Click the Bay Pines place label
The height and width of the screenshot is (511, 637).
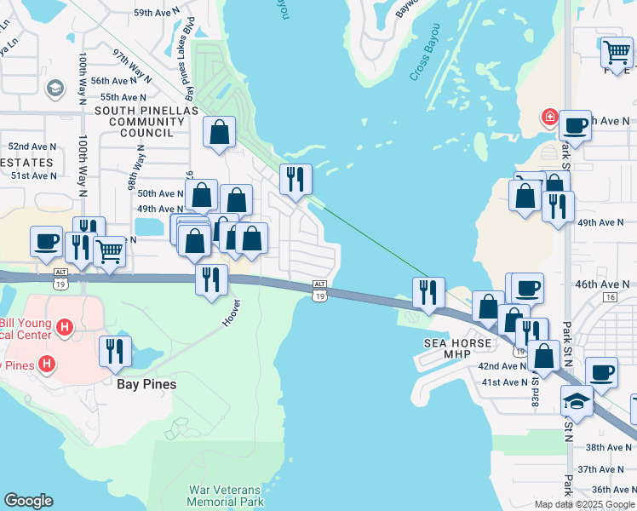click(x=146, y=384)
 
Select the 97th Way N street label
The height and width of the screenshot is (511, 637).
click(x=131, y=65)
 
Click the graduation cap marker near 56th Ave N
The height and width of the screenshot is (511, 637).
click(x=55, y=89)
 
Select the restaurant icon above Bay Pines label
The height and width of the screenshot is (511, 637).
click(x=115, y=350)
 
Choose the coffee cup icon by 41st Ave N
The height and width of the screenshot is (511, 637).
click(x=602, y=372)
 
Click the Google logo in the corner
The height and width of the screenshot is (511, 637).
click(x=28, y=501)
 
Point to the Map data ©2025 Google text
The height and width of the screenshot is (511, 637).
click(x=584, y=504)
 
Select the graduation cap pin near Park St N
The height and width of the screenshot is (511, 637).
click(x=577, y=400)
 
